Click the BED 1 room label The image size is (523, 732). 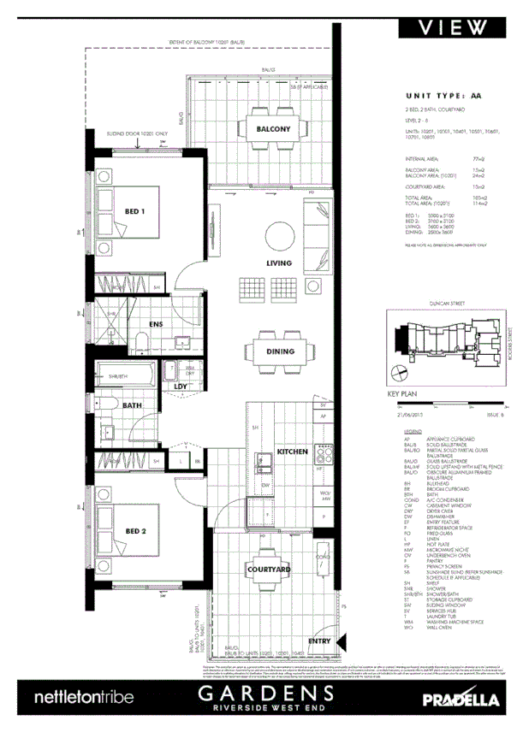pyautogui.click(x=135, y=210)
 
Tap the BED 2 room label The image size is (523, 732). pyautogui.click(x=136, y=531)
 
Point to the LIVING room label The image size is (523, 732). pyautogui.click(x=278, y=263)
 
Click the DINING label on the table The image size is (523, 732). pyautogui.click(x=280, y=351)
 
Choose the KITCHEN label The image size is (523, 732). pyautogui.click(x=292, y=451)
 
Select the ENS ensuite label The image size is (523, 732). pyautogui.click(x=156, y=324)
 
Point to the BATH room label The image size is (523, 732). pyautogui.click(x=132, y=406)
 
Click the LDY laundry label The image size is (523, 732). pyautogui.click(x=181, y=387)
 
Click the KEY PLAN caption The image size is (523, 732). pyautogui.click(x=401, y=395)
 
